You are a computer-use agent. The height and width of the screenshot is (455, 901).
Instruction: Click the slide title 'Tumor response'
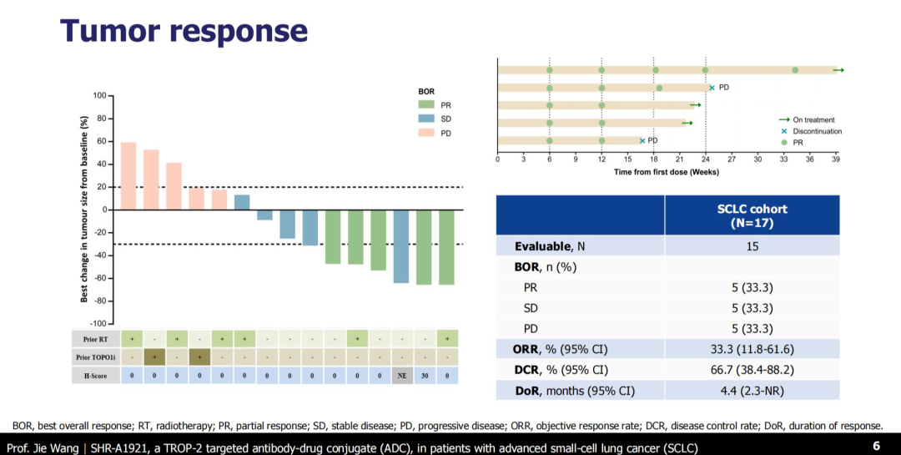(184, 31)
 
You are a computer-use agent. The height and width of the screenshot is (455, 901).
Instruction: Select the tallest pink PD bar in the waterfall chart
(128, 176)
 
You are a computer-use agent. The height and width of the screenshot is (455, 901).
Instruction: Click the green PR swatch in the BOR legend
(426, 104)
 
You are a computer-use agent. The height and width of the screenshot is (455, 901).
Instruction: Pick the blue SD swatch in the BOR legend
(426, 119)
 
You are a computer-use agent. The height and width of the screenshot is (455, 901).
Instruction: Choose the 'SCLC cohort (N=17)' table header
(752, 215)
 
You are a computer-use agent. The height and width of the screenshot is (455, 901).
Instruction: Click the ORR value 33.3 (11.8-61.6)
(752, 349)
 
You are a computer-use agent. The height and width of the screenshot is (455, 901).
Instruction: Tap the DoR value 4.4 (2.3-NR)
(752, 390)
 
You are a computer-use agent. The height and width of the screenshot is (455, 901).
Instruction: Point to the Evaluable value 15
(752, 246)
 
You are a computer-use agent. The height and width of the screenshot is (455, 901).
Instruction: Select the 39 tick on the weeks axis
(836, 159)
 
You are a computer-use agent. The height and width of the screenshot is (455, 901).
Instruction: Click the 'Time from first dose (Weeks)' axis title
(666, 172)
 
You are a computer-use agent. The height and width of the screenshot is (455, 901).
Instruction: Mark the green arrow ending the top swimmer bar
(839, 70)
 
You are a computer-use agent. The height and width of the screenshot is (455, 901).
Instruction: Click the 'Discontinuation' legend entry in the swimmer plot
(817, 131)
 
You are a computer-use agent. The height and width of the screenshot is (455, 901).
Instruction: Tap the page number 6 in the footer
(876, 446)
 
